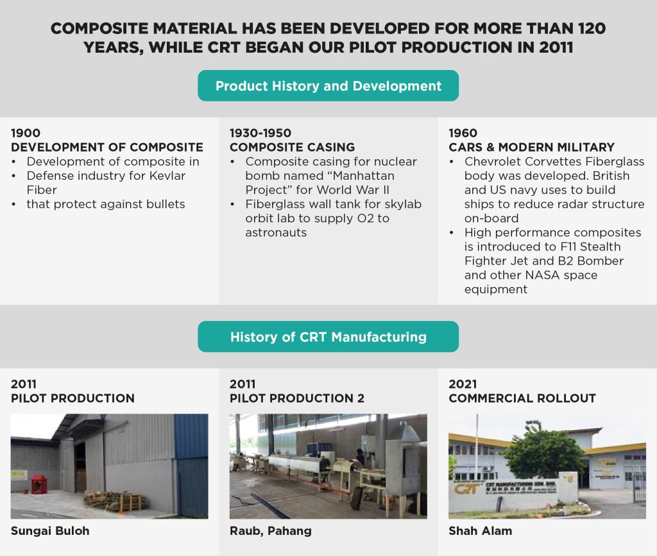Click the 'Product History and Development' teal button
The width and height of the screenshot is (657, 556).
[328, 86]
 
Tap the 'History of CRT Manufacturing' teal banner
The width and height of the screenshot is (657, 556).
[328, 336]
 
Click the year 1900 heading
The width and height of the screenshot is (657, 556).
[26, 134]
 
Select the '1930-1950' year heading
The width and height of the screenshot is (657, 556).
[260, 134]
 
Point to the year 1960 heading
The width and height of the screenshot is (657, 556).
[463, 134]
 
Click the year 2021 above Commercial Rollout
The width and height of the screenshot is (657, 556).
[463, 384]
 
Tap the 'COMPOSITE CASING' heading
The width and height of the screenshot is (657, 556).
[292, 148]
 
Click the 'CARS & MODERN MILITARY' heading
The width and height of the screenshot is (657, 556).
[531, 148]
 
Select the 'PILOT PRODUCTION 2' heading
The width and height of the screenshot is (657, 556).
[297, 398]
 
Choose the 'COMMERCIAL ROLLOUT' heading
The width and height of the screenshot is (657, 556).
[522, 398]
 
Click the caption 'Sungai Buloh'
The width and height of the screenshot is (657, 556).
[50, 531]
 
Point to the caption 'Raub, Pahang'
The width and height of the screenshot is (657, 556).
[270, 531]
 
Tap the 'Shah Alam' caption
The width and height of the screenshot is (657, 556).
[480, 531]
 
